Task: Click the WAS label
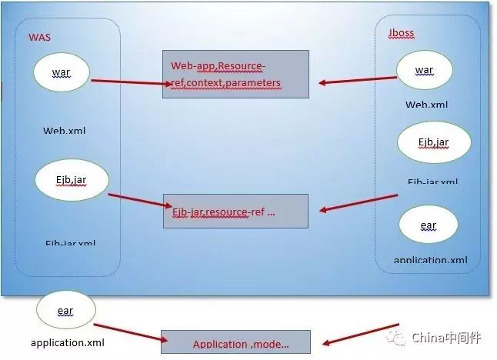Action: [39, 37]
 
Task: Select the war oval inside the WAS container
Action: [62, 72]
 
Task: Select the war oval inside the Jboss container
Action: [424, 71]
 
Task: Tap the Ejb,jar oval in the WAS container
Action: [72, 180]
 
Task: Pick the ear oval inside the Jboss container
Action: [429, 225]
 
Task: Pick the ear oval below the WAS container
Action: [65, 311]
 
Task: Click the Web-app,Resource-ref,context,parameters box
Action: [235, 74]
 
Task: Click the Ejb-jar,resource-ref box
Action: [235, 211]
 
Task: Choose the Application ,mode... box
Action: [235, 344]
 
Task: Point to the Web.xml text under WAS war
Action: [64, 130]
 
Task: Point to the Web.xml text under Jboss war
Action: [426, 104]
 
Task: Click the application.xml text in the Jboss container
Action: [431, 260]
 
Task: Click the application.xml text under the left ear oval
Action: [68, 342]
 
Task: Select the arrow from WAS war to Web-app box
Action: [128, 80]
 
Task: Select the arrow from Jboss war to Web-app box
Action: [358, 78]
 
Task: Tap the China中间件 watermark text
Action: [445, 336]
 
